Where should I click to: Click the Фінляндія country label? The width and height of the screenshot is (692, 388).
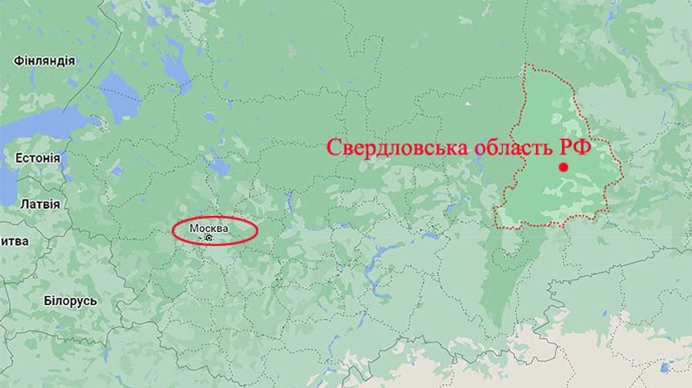pyautogui.click(x=44, y=61)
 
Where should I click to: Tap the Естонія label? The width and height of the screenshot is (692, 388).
pyautogui.click(x=37, y=158)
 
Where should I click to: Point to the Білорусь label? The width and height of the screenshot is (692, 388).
pyautogui.click(x=70, y=300)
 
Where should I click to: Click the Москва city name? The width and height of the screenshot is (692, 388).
pyautogui.click(x=209, y=228)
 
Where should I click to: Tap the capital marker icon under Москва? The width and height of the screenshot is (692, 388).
pyautogui.click(x=208, y=238)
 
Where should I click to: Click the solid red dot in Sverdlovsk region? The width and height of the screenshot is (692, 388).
pyautogui.click(x=564, y=167)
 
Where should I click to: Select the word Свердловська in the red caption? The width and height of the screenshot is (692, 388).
pyautogui.click(x=396, y=148)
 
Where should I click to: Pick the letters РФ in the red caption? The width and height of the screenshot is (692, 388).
pyautogui.click(x=580, y=148)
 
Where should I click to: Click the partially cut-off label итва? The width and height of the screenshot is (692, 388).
pyautogui.click(x=15, y=241)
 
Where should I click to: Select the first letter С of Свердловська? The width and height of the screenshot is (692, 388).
pyautogui.click(x=334, y=148)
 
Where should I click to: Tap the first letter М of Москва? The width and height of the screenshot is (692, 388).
pyautogui.click(x=194, y=228)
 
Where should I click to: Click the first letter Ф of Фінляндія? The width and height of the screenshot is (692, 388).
pyautogui.click(x=17, y=61)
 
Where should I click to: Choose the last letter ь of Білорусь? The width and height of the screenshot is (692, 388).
pyautogui.click(x=94, y=300)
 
